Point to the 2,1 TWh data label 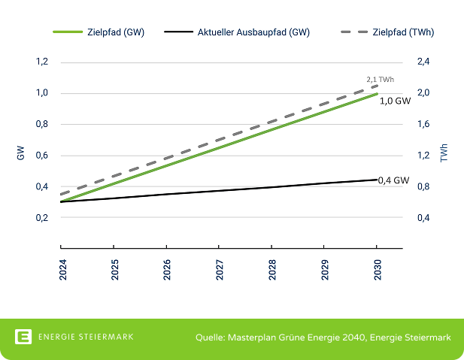tap(380, 79)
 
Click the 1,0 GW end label tap(395, 100)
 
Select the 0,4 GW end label tap(393, 180)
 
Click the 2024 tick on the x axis tap(61, 268)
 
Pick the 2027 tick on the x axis tap(219, 268)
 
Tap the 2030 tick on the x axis tap(377, 268)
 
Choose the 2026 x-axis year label tap(166, 268)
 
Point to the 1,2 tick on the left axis tap(42, 62)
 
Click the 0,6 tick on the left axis tap(42, 156)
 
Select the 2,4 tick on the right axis tap(423, 62)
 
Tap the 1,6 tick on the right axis tap(423, 124)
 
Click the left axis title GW tap(20, 155)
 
